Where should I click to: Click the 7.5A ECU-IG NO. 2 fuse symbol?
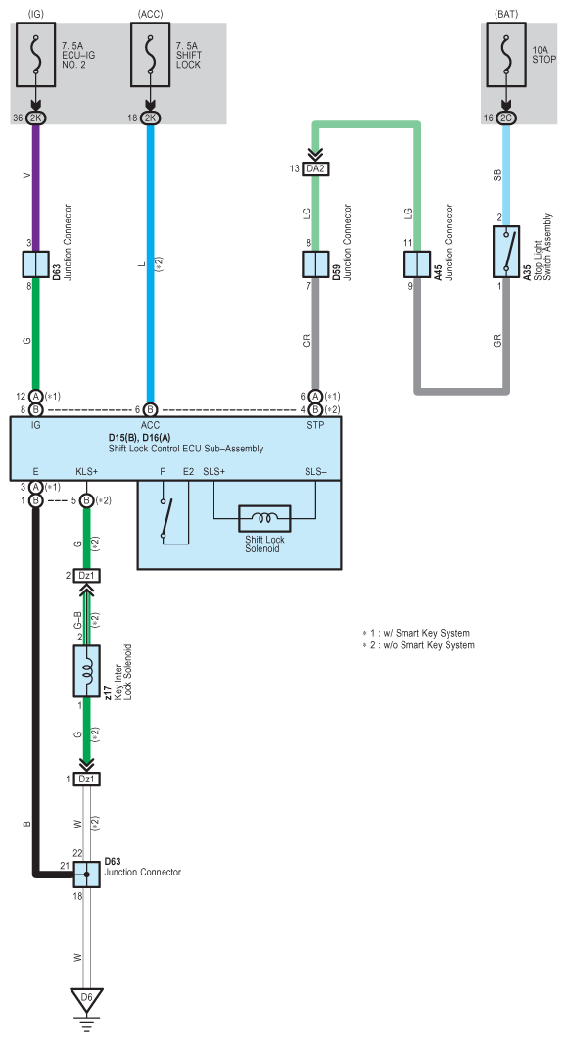[x=36, y=55]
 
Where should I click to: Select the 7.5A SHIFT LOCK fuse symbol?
[x=151, y=55]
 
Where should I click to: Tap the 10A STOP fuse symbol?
[x=506, y=55]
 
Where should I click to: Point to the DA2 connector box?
[x=315, y=168]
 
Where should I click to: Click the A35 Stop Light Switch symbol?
[x=506, y=252]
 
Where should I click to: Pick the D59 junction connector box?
[x=315, y=264]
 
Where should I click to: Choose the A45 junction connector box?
[x=417, y=264]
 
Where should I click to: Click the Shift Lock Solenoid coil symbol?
[x=264, y=518]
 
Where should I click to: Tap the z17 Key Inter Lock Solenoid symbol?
[x=86, y=671]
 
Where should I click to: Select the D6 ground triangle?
[x=86, y=998]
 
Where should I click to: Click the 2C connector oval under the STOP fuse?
[x=506, y=118]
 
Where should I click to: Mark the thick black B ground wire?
[x=36, y=690]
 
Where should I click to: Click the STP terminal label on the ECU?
[x=315, y=425]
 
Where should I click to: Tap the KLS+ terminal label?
[x=87, y=471]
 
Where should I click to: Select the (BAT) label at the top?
[x=506, y=14]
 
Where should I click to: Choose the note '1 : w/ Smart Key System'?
[x=415, y=633]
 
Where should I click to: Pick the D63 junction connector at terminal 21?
[x=86, y=875]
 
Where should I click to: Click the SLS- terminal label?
[x=315, y=471]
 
